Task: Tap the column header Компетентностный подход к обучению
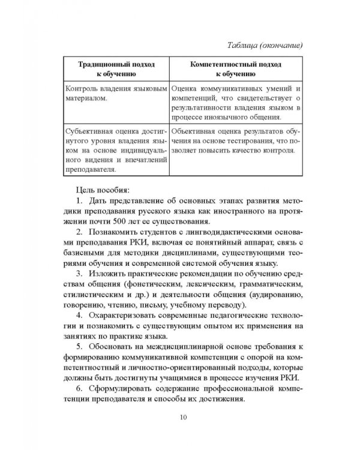point(235,68)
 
